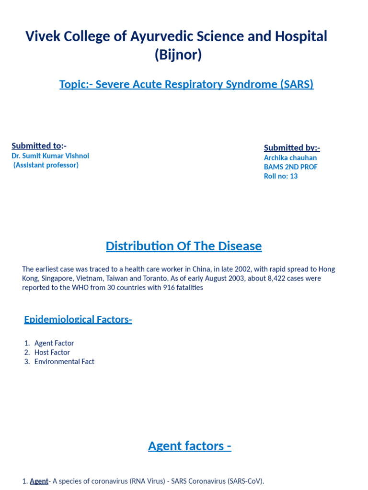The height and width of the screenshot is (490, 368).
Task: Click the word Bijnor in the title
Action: click(x=178, y=56)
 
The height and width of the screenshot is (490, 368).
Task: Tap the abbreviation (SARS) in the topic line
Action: click(x=296, y=85)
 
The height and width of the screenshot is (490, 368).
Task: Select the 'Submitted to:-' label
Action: click(x=39, y=146)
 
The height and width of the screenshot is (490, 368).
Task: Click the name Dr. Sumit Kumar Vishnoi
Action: click(x=50, y=156)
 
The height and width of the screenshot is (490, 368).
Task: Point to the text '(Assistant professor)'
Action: click(x=46, y=165)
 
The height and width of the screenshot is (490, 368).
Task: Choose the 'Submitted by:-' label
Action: click(x=292, y=148)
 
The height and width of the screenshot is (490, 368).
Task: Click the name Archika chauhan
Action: click(x=290, y=158)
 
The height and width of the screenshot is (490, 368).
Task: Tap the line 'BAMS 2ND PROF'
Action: click(x=290, y=167)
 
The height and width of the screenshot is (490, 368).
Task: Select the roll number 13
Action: click(x=293, y=176)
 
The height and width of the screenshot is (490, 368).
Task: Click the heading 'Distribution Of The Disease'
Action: click(x=184, y=246)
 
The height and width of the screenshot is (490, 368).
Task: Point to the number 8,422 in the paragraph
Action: click(x=263, y=278)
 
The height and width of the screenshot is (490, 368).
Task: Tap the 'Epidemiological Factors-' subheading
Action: click(x=78, y=320)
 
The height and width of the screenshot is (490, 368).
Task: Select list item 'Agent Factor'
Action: click(x=54, y=343)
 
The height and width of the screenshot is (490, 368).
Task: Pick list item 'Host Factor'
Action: click(x=52, y=352)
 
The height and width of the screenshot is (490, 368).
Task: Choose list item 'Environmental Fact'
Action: click(x=64, y=362)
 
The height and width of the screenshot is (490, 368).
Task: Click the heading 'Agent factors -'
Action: click(x=190, y=446)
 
